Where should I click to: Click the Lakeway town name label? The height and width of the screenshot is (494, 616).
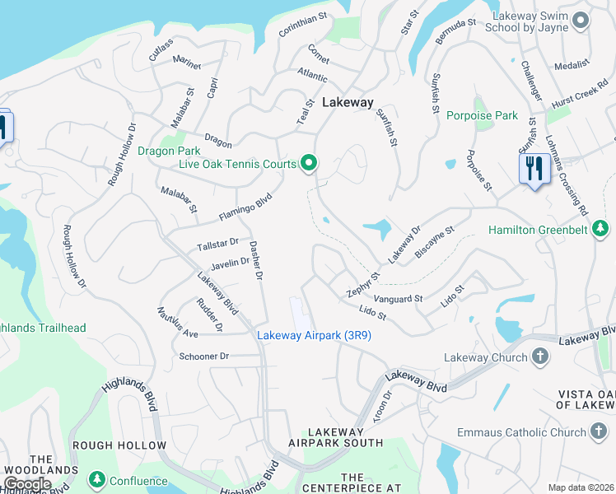coord(348,103)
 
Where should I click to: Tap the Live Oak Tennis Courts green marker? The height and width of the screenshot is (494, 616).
coord(309,164)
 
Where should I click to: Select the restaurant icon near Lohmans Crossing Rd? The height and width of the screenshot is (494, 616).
coord(534,170)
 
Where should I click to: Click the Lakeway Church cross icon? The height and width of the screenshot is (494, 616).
coord(539,357)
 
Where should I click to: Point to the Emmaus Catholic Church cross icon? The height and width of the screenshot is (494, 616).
coord(599,431)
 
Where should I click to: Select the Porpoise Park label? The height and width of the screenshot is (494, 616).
coord(482,115)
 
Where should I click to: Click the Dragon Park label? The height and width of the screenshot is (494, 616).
coord(169,151)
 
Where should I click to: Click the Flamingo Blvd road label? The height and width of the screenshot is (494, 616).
coord(245,207)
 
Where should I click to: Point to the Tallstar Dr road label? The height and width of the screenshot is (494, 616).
coord(217,245)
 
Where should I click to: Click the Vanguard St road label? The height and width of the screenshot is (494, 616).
coord(398,298)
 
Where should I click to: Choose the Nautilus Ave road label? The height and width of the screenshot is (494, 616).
coord(178,322)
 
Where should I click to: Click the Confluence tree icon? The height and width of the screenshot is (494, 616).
coord(97,479)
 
